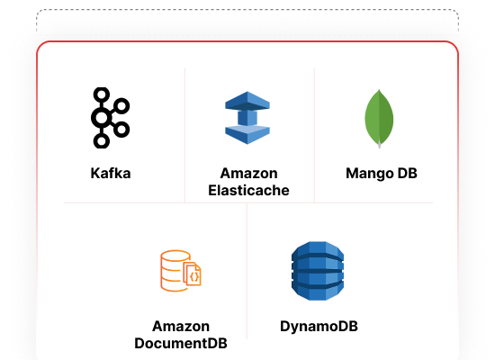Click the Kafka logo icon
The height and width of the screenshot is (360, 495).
(110, 118)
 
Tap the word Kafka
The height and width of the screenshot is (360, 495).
(111, 174)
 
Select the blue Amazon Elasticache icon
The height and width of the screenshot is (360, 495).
(247, 118)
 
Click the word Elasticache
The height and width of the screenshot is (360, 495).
(248, 191)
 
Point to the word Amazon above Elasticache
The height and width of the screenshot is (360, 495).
(248, 174)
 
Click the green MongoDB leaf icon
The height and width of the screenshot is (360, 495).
(379, 119)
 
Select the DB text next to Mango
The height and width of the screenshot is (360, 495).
(407, 174)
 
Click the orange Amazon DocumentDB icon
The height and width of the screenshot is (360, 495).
(181, 271)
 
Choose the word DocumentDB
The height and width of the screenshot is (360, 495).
(181, 343)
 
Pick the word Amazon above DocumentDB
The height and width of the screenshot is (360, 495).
(181, 326)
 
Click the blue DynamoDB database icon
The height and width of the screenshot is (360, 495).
(318, 271)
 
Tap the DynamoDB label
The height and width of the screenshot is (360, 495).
(319, 327)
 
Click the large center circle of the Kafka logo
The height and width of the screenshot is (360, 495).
(102, 118)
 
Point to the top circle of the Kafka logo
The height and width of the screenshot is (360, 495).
(102, 94)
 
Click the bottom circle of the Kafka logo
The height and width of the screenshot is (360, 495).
(102, 140)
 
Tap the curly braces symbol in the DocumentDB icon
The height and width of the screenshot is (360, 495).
(194, 276)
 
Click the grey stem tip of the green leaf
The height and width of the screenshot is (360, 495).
(379, 146)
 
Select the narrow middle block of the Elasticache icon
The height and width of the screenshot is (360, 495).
(247, 118)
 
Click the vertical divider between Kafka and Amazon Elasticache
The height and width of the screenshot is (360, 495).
(184, 135)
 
